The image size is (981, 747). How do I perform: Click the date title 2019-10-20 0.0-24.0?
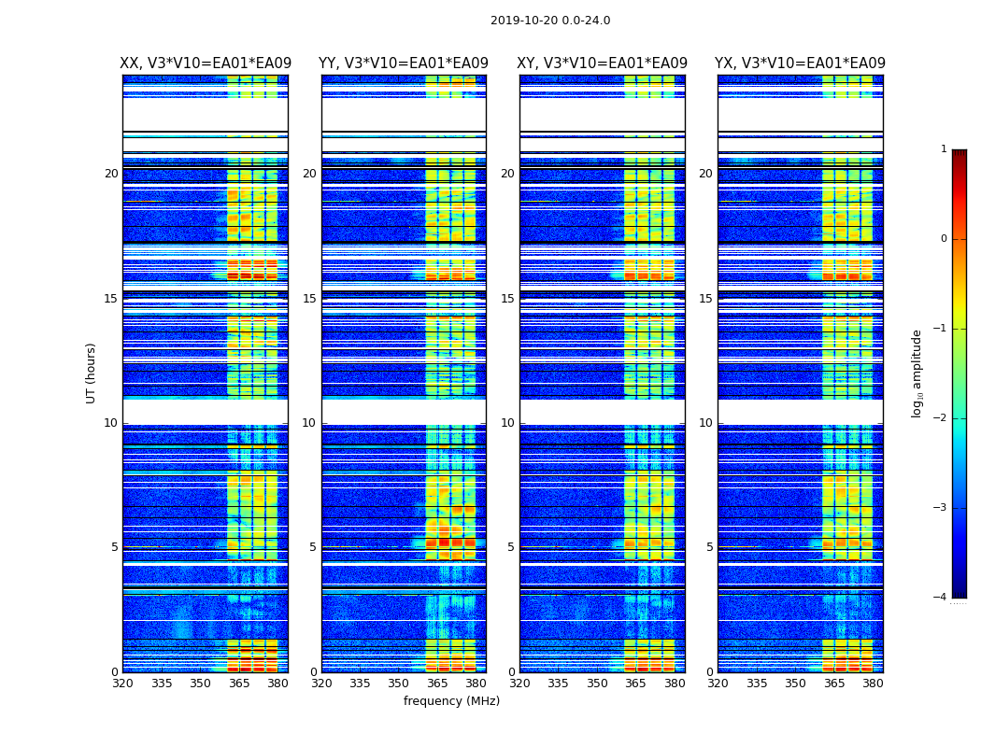click(x=550, y=21)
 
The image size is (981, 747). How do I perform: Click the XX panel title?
click(x=206, y=63)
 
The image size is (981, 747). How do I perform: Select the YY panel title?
click(x=404, y=63)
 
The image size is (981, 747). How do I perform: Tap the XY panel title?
click(x=603, y=63)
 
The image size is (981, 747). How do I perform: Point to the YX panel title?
click(x=801, y=63)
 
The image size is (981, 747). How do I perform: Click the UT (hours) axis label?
click(x=92, y=373)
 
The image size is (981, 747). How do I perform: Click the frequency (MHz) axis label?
click(x=451, y=701)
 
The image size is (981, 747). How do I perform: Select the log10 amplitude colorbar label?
click(x=917, y=373)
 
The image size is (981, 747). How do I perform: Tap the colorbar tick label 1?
click(x=943, y=149)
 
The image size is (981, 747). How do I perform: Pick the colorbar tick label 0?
click(x=943, y=239)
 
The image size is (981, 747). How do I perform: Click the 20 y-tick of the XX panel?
click(x=111, y=174)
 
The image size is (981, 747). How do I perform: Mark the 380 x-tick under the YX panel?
click(x=873, y=684)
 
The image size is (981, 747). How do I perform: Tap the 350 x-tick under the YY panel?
click(x=399, y=684)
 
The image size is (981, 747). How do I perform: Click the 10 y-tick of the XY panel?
click(x=507, y=423)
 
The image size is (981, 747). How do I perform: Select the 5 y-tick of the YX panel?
click(x=709, y=547)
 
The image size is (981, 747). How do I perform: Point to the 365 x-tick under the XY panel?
click(x=635, y=684)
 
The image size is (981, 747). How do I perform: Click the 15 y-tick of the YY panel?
click(x=309, y=299)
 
